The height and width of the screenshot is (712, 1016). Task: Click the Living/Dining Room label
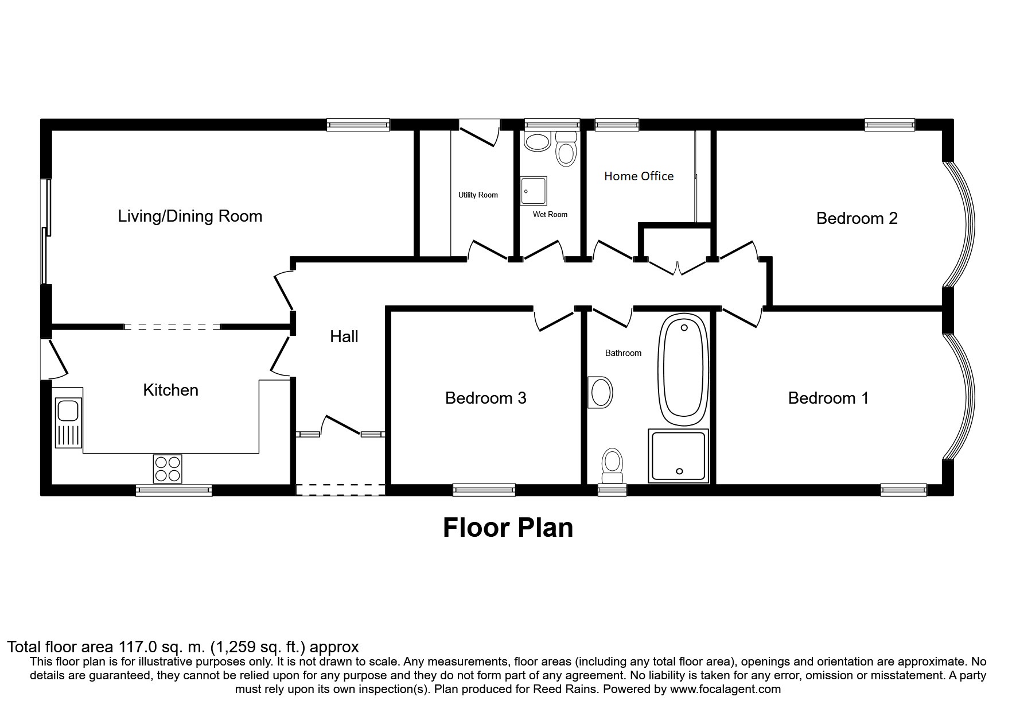(x=190, y=216)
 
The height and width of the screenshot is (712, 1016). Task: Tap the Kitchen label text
(x=170, y=390)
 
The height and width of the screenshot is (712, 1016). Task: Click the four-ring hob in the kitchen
(x=168, y=469)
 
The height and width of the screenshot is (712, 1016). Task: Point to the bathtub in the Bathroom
(x=683, y=369)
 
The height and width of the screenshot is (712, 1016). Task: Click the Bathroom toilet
(x=612, y=466)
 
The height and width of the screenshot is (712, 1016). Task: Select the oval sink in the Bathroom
(x=601, y=393)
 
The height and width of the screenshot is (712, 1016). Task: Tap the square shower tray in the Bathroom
(x=678, y=456)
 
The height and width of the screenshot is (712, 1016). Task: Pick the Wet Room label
(x=550, y=215)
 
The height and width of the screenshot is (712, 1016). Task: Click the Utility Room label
(x=478, y=195)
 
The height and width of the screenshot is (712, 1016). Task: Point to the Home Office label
(x=639, y=176)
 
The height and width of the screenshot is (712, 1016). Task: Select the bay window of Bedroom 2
(x=961, y=224)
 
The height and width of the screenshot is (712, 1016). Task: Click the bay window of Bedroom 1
(x=961, y=396)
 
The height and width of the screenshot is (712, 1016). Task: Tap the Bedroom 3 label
(x=485, y=398)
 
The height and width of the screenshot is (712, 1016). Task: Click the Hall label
(x=344, y=336)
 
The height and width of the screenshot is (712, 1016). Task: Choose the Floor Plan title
(x=508, y=528)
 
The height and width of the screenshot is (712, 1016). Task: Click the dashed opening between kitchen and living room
(x=172, y=327)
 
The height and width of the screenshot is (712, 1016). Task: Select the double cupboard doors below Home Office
(x=677, y=268)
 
